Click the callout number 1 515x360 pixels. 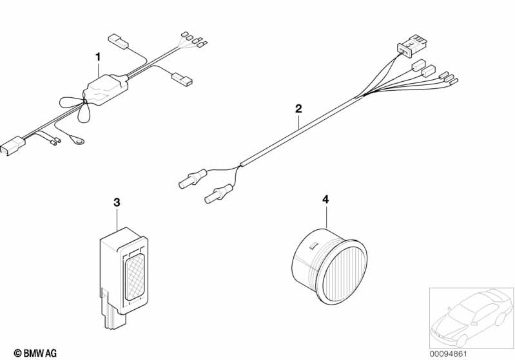98,57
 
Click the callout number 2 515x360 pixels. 298,108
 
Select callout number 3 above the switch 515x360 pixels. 117,202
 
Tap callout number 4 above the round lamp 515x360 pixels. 326,200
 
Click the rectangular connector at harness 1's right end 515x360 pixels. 180,80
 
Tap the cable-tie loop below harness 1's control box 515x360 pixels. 84,117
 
